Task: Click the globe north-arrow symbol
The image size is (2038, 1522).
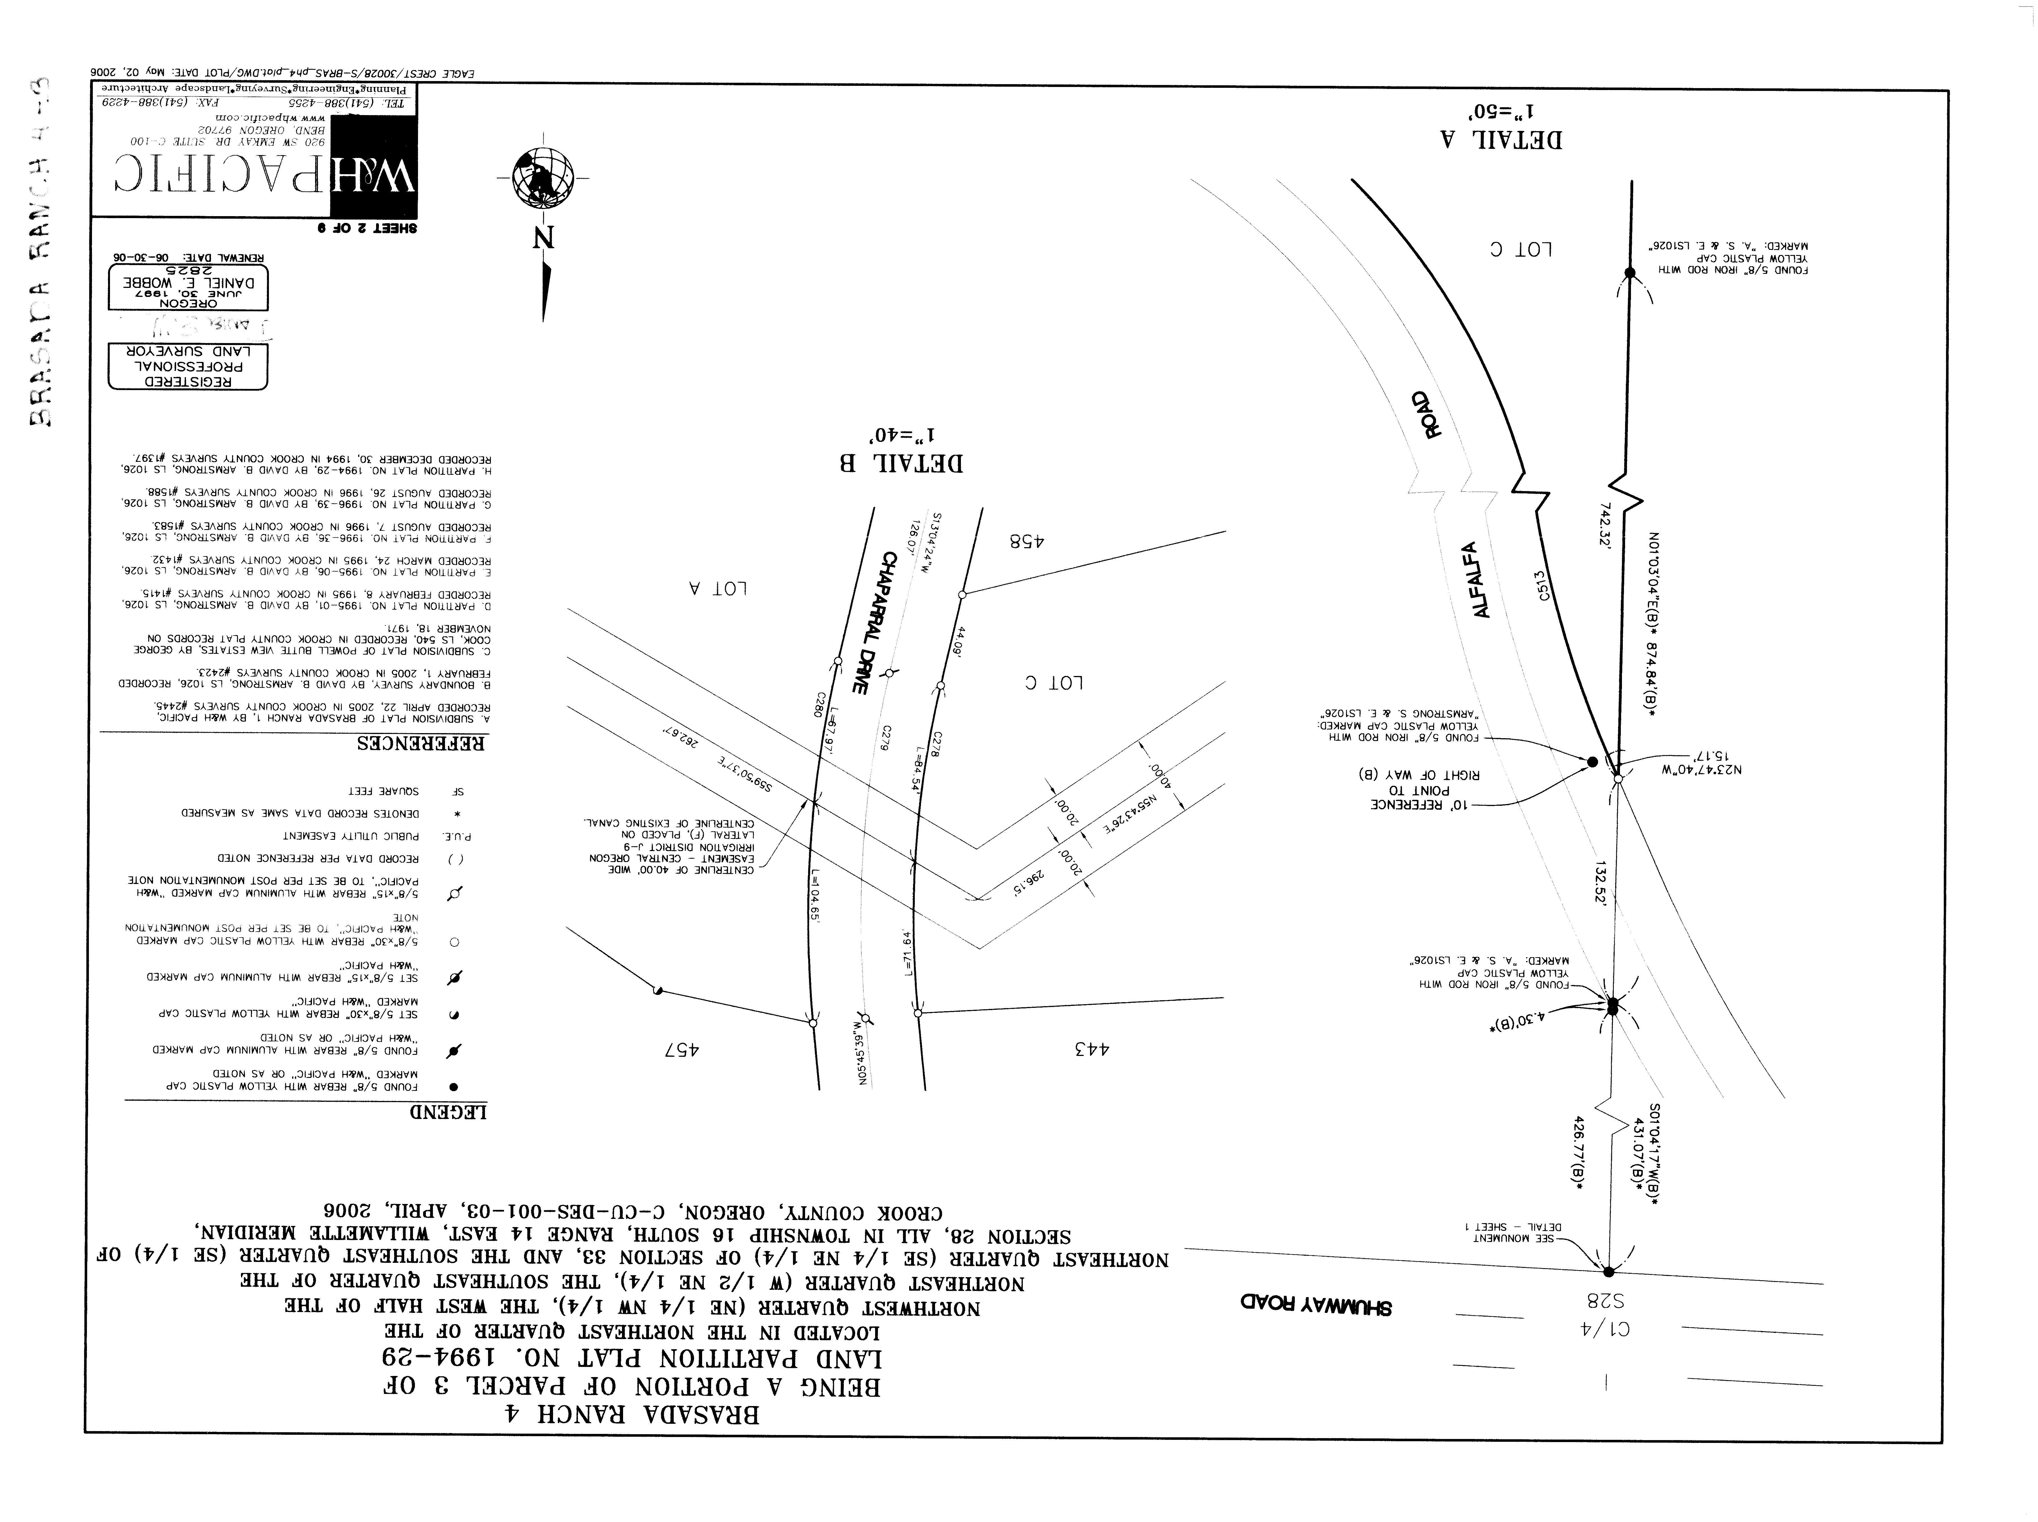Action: coord(542,178)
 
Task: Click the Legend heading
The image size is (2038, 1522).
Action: coord(448,1112)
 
